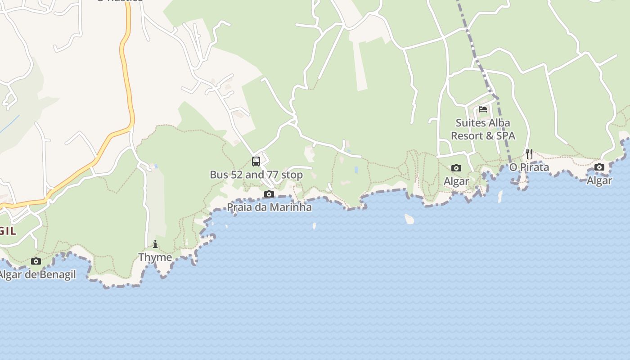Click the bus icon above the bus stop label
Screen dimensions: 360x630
click(256, 161)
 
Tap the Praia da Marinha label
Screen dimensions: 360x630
click(269, 207)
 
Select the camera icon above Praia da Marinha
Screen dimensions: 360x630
click(269, 194)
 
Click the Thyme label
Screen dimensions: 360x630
click(155, 257)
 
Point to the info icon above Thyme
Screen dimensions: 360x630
click(155, 244)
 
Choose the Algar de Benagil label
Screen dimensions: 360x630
click(38, 274)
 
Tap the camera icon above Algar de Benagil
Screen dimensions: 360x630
click(36, 261)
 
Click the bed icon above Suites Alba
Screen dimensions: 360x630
click(483, 109)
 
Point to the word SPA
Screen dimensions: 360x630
click(506, 135)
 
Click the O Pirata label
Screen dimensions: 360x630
click(529, 167)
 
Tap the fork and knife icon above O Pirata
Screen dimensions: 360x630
click(529, 154)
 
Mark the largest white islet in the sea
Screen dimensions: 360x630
click(409, 219)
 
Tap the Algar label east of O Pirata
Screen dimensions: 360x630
click(599, 180)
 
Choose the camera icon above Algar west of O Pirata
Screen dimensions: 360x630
click(456, 168)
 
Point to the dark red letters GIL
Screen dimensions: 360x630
click(8, 231)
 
